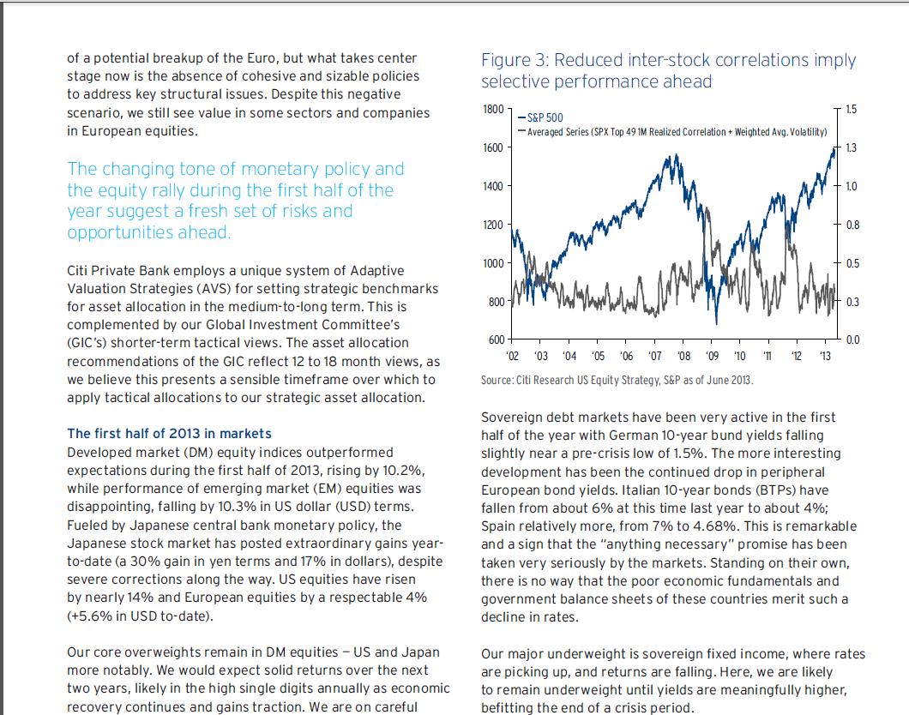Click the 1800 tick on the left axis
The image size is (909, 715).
[x=492, y=109]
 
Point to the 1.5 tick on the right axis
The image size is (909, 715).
[x=851, y=109]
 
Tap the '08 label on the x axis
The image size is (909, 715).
[x=683, y=356]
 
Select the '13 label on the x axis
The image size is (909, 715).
[x=825, y=356]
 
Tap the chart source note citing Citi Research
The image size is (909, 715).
[x=617, y=380]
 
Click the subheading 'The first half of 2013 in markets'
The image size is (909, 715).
[x=169, y=433]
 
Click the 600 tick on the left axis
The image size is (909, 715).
[x=496, y=340]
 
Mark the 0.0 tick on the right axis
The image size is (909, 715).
[x=851, y=340]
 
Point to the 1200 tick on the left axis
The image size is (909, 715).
[x=492, y=225]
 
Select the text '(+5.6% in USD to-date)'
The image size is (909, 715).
[x=139, y=616]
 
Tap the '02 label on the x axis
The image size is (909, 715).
[x=513, y=356]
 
